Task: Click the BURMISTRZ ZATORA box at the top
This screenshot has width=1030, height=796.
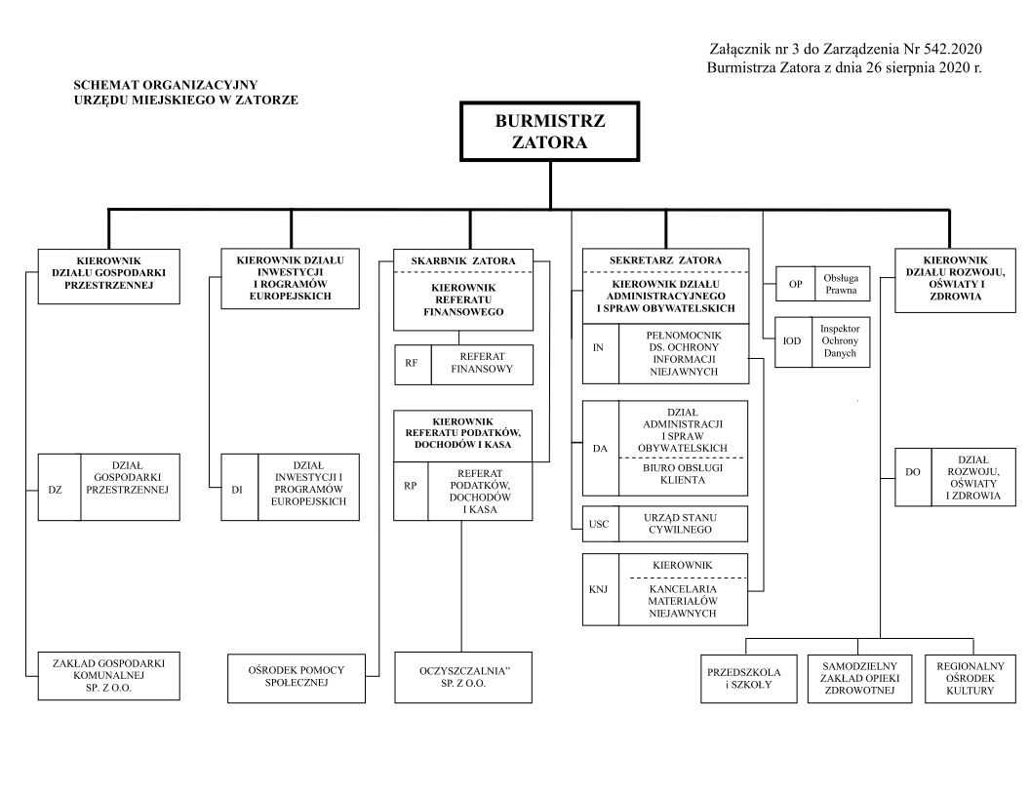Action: [550, 131]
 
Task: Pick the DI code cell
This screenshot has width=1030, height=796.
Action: [238, 487]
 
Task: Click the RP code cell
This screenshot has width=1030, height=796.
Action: [411, 486]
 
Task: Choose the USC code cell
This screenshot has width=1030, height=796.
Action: [599, 524]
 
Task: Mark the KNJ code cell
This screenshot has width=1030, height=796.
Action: [599, 589]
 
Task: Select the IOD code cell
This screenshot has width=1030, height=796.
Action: [793, 341]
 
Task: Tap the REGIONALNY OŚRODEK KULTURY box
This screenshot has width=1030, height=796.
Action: [964, 678]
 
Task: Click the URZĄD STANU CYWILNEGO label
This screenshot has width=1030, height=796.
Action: [682, 524]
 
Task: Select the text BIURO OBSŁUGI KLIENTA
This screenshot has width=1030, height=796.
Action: [682, 473]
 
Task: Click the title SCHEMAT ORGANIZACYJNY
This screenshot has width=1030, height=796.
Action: [166, 86]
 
